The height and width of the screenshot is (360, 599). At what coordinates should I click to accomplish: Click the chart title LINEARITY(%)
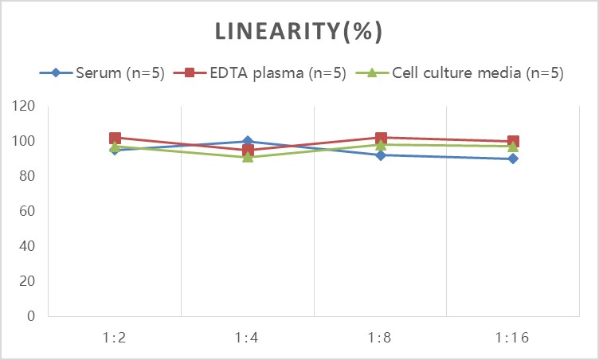click(299, 31)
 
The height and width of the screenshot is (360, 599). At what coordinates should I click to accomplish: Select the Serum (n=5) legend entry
click(102, 72)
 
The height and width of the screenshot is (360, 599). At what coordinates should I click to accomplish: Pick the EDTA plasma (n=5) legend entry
click(260, 72)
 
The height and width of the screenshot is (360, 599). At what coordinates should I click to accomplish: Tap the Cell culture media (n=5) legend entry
click(460, 72)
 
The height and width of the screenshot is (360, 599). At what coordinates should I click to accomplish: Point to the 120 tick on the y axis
click(23, 106)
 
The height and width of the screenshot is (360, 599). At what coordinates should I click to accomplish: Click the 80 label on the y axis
click(27, 176)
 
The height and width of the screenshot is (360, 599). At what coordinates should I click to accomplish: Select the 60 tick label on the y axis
click(27, 211)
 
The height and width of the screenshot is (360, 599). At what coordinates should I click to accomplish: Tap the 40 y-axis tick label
click(27, 246)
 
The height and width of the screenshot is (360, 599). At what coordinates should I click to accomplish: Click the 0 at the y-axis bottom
click(31, 316)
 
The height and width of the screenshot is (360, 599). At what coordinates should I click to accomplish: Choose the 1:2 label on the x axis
click(114, 338)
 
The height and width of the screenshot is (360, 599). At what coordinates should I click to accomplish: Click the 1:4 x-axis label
click(247, 338)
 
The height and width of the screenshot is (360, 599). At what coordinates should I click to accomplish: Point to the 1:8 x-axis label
click(380, 338)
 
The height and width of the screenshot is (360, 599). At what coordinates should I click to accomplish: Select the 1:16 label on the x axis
click(512, 338)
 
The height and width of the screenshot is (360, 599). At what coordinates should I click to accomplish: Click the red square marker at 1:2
click(115, 138)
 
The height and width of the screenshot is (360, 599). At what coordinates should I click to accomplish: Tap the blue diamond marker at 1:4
click(248, 142)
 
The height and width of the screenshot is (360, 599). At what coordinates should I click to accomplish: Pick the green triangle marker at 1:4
click(248, 157)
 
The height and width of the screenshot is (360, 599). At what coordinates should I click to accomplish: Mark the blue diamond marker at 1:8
click(381, 155)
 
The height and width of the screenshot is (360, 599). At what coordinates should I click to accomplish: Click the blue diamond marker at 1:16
click(513, 158)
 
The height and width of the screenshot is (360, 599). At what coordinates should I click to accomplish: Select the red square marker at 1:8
click(381, 138)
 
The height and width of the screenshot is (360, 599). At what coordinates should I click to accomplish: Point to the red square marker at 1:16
click(513, 141)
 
